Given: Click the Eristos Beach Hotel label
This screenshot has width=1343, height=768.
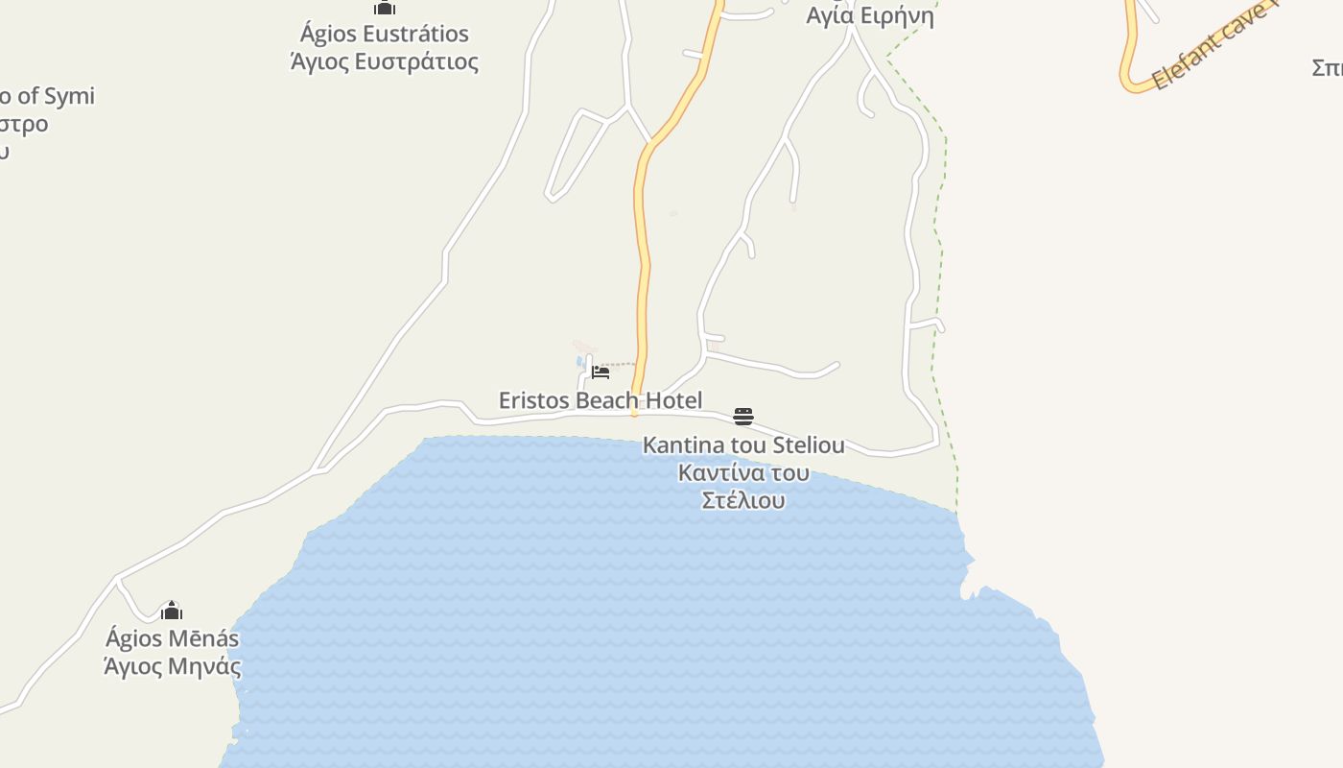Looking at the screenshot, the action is (601, 400).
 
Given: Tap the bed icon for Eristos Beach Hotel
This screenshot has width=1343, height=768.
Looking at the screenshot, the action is (601, 372).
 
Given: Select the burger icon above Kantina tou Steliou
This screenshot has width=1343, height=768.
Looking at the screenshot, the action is (743, 417).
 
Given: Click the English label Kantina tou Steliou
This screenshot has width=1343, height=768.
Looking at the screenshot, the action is (743, 445).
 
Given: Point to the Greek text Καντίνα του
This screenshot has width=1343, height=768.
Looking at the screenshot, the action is (743, 473).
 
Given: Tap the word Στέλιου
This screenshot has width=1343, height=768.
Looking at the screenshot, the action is (743, 500).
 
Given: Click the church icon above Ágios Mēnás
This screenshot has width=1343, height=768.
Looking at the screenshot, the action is (172, 611).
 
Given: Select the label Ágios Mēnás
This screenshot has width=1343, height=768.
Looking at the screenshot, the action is (172, 638).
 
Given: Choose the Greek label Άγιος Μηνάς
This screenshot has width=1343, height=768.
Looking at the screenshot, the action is (172, 665).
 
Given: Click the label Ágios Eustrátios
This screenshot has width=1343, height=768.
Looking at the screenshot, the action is (384, 34).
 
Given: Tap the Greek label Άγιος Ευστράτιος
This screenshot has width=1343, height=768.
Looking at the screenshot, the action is (384, 62).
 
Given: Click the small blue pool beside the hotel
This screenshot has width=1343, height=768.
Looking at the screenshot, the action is (580, 363).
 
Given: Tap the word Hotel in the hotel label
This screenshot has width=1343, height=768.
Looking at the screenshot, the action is (672, 400).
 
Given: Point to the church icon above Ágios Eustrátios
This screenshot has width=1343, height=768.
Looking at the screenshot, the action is (385, 7).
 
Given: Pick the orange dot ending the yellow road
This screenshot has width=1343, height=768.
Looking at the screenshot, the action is (634, 414).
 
